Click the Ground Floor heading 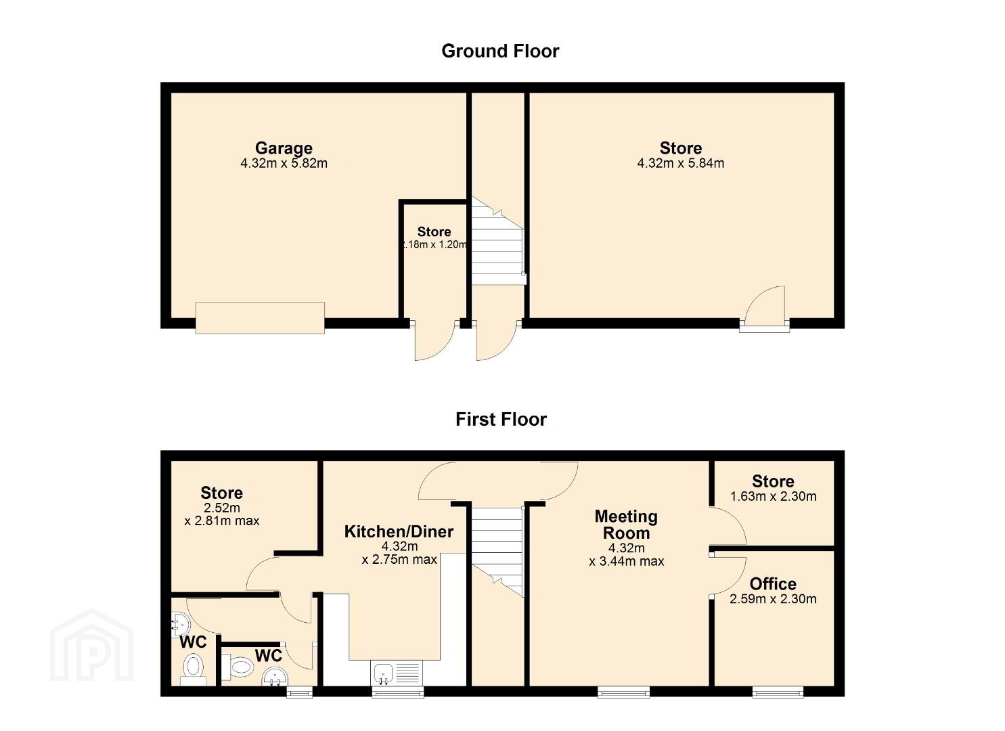(500, 51)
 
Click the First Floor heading (501, 420)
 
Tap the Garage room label (284, 148)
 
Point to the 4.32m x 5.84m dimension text (681, 163)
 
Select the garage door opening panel (261, 317)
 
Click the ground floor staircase (497, 242)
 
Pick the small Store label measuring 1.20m (434, 232)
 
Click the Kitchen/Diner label (399, 532)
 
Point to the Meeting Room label (626, 525)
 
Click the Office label (773, 584)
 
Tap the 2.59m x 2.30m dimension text (773, 599)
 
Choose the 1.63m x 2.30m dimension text (773, 496)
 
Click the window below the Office (778, 692)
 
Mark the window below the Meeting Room (623, 692)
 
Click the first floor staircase (497, 552)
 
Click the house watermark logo (91, 645)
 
